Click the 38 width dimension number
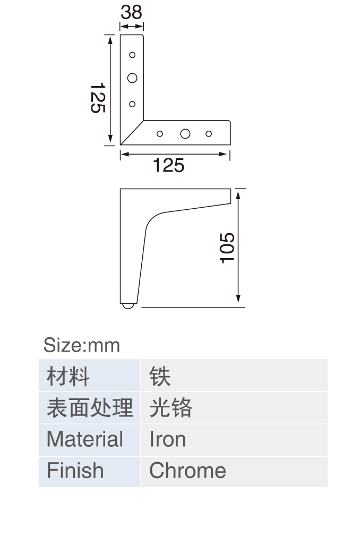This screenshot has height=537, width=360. coord(131,12)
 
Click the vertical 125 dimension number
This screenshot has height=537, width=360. coord(98,98)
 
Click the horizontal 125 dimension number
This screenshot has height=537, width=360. coord(168,165)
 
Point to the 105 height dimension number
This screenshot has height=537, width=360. coord(227,248)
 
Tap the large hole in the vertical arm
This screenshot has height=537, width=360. coord(132,78)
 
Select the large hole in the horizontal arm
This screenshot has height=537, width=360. coord(185,133)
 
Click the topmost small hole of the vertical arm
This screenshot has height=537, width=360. coord(132,55)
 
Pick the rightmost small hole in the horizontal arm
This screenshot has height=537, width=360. coord(209,133)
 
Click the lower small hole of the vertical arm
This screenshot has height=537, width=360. coord(132,104)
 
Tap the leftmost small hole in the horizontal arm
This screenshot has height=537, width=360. coord(160,133)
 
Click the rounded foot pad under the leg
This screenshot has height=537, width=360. coord(128,306)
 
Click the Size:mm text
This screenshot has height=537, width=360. coord(82,345)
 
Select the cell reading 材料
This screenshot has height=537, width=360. coord(89,376)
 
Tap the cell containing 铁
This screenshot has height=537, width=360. coord(234,376)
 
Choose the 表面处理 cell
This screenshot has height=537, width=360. coord(89,408)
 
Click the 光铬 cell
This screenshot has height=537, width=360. coord(234,408)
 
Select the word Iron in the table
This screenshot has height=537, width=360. coord(168,439)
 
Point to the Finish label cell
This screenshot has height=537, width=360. coord(89,472)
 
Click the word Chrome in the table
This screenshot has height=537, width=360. coord(188,471)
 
